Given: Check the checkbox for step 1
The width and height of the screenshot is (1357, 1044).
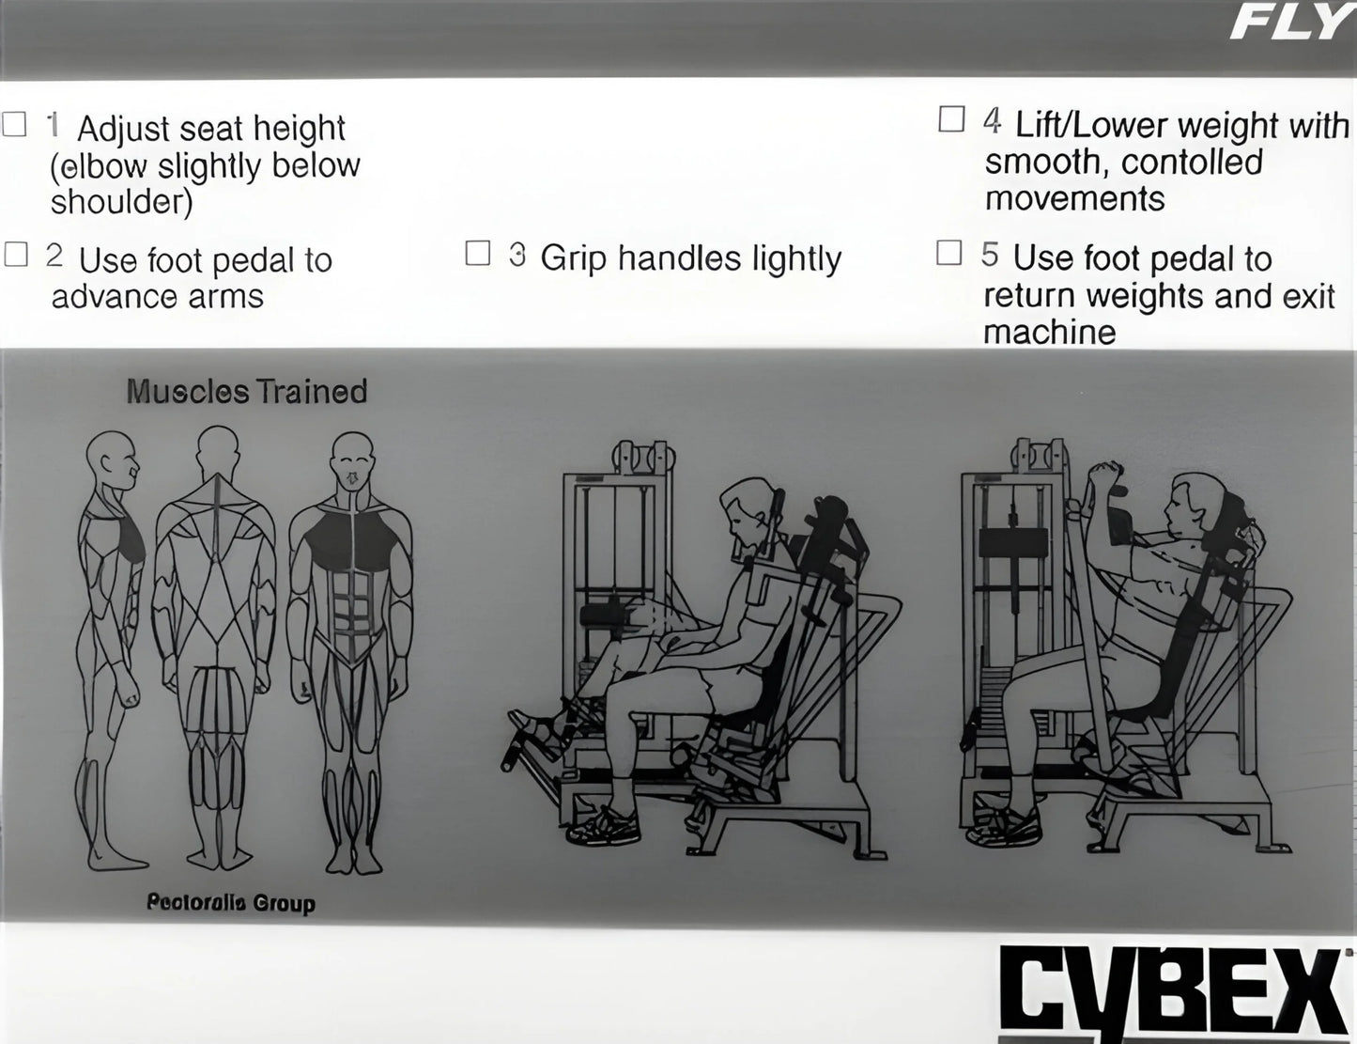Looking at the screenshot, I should click(x=14, y=124).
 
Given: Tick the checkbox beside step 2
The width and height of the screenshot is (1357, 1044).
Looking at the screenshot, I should click(x=16, y=254).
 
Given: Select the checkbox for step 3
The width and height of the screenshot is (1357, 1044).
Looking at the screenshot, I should click(x=478, y=253).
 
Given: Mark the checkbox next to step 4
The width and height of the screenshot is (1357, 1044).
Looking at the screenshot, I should click(x=951, y=119).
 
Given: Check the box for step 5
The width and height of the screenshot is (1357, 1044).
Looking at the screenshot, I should click(x=949, y=253).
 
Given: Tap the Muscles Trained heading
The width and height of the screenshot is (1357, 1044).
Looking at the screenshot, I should click(x=246, y=391).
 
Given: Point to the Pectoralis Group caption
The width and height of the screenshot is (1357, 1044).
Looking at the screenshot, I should click(x=230, y=903).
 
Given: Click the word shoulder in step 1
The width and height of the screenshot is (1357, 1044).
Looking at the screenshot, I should click(x=121, y=202).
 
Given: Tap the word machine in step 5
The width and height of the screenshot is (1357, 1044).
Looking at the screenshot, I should click(x=1049, y=332).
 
